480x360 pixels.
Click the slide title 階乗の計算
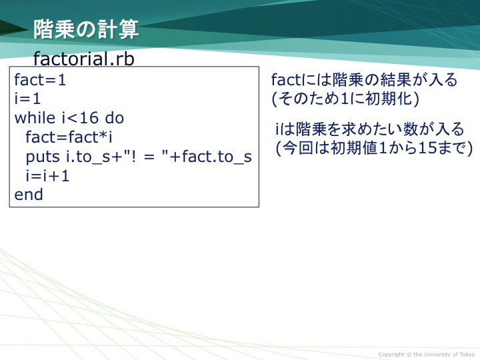pyautogui.click(x=86, y=29)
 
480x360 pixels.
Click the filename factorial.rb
pyautogui.click(x=83, y=58)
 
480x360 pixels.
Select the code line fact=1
pyautogui.click(x=40, y=80)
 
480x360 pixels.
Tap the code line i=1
pyautogui.click(x=27, y=99)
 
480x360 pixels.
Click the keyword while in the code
pyautogui.click(x=35, y=118)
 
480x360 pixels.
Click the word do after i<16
pyautogui.click(x=115, y=118)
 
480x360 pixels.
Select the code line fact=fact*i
pyautogui.click(x=69, y=137)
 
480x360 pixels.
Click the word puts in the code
pyautogui.click(x=43, y=157)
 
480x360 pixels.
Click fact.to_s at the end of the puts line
pyautogui.click(x=217, y=156)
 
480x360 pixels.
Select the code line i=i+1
pyautogui.click(x=47, y=176)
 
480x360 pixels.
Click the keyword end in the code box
pyautogui.click(x=29, y=195)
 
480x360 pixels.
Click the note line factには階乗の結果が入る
pyautogui.click(x=364, y=80)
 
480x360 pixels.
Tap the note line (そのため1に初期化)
pyautogui.click(x=345, y=99)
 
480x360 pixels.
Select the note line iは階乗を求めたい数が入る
pyautogui.click(x=370, y=129)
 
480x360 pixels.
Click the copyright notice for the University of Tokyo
pyautogui.click(x=427, y=355)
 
